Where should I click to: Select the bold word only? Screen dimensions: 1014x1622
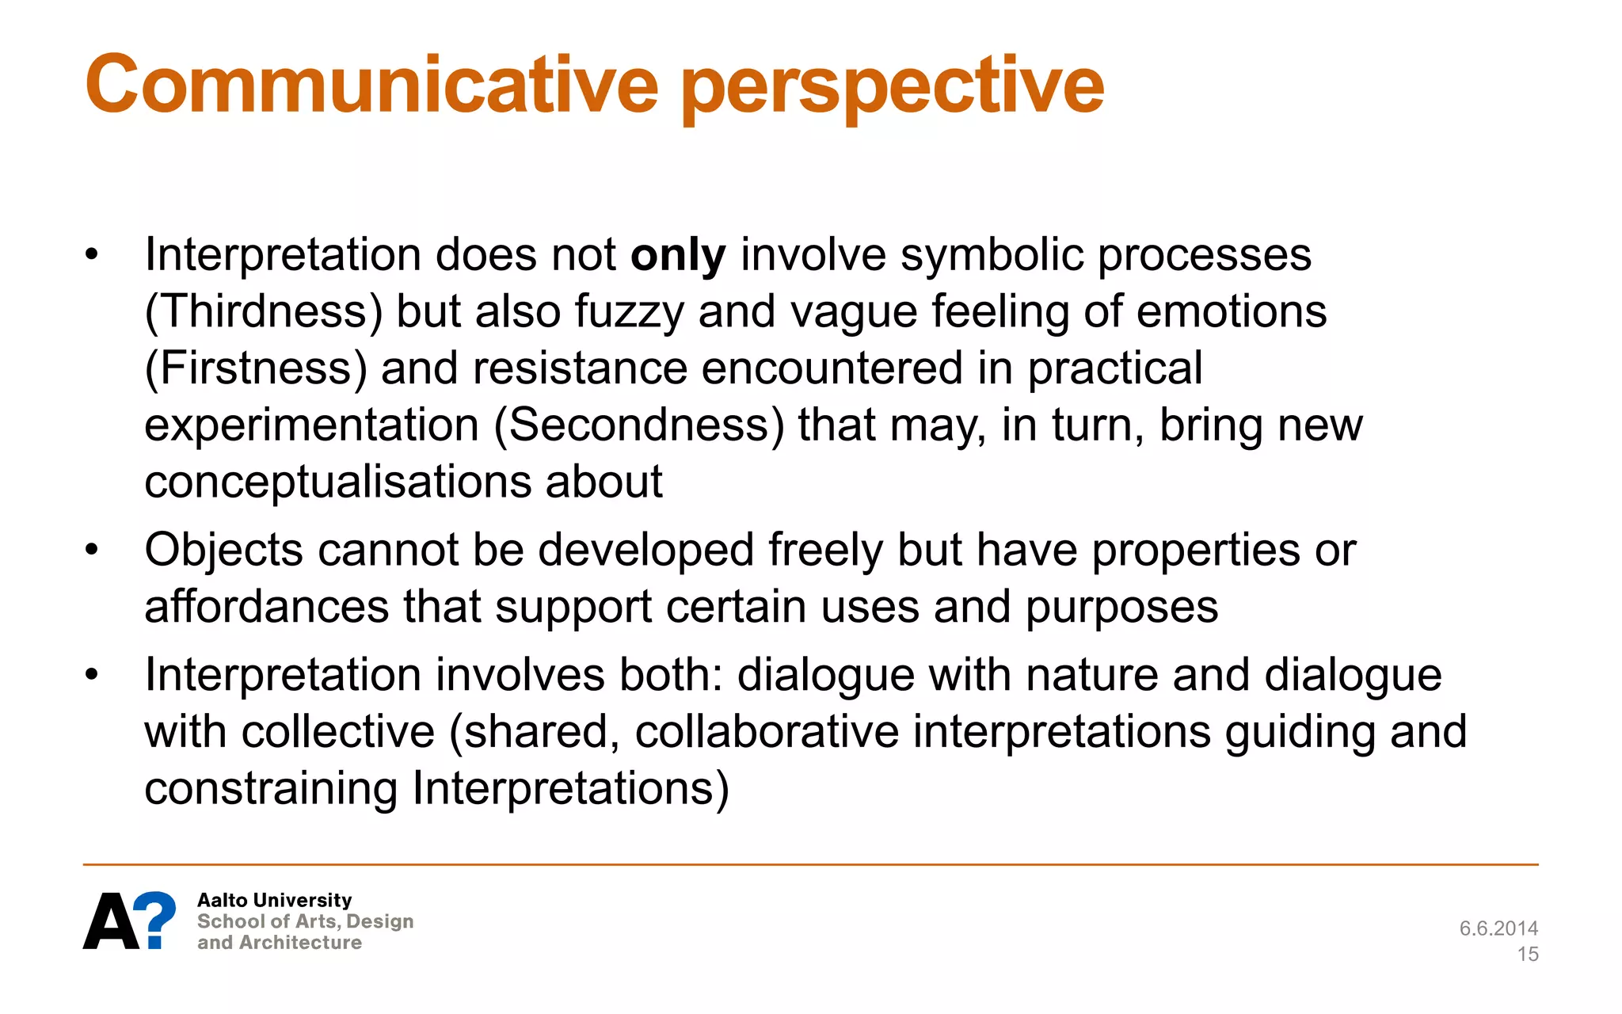(x=678, y=256)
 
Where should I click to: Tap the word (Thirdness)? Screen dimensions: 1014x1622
(x=263, y=311)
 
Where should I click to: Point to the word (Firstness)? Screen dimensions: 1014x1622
(x=255, y=368)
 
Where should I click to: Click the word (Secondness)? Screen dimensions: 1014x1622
(x=638, y=425)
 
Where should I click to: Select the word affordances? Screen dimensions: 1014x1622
(x=266, y=607)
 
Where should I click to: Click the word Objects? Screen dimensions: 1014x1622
(x=223, y=551)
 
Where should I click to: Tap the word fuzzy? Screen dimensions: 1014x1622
(x=629, y=311)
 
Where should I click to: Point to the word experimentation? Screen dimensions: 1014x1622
(x=311, y=425)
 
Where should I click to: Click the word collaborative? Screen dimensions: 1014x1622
(x=767, y=731)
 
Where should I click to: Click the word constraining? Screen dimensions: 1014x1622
(x=271, y=788)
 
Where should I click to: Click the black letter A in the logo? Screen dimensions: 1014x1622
(x=112, y=921)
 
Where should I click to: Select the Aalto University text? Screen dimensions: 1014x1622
(x=274, y=900)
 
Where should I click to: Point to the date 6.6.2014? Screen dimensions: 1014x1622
(x=1498, y=928)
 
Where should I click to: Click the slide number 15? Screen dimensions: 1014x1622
(x=1528, y=954)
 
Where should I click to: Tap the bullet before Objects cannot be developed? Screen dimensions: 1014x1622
(x=93, y=550)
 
